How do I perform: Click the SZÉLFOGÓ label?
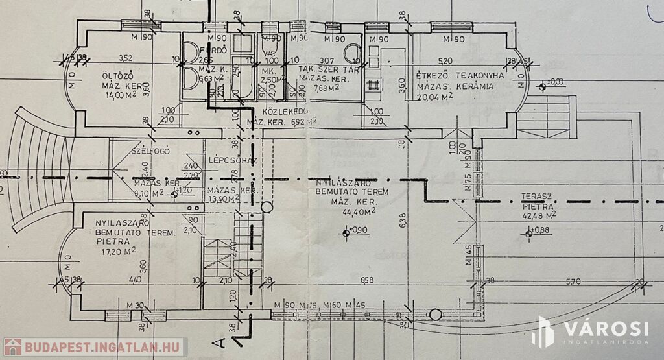150,151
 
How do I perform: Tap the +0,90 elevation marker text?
358,230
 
